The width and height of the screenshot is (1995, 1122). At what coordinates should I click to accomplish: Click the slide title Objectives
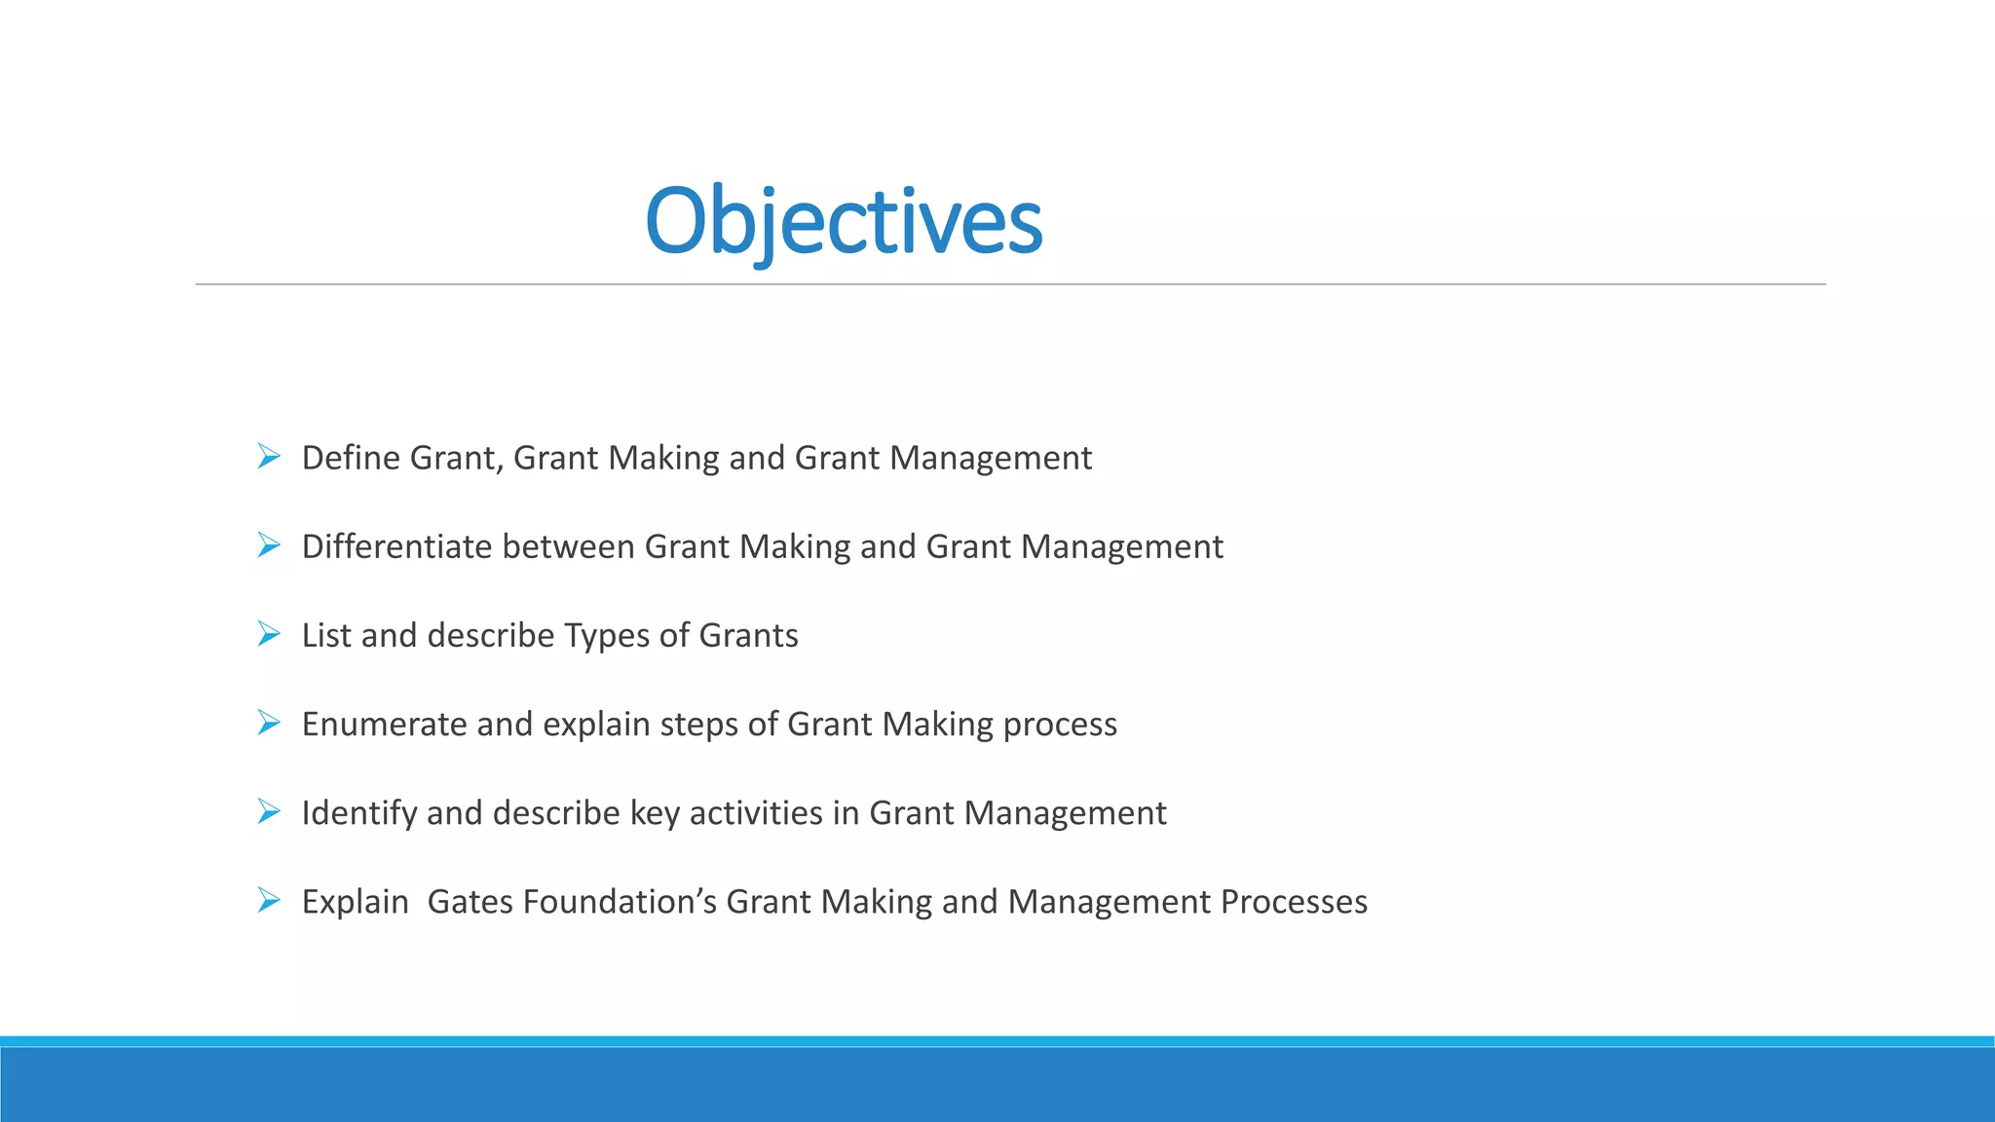844,222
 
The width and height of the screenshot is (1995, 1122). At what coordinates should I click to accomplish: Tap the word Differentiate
397,546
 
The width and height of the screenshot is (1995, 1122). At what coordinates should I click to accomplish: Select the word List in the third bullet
326,635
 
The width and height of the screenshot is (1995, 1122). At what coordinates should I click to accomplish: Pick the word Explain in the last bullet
355,902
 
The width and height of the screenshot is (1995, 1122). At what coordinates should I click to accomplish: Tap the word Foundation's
620,902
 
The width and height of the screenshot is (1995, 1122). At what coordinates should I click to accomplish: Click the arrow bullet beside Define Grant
269,456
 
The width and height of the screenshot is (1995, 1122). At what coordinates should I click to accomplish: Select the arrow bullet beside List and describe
269,634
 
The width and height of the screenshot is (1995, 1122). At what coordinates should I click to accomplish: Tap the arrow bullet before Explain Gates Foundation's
269,900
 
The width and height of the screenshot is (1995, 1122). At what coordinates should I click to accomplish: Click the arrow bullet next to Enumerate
269,723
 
